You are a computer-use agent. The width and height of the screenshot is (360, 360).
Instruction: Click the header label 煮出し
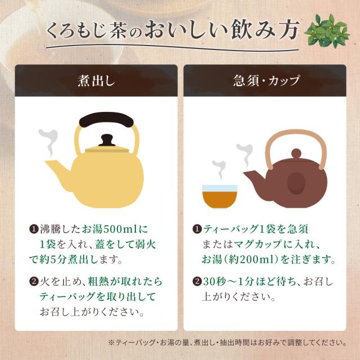pos(96,81)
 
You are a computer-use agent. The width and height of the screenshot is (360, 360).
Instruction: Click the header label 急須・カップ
pos(266,81)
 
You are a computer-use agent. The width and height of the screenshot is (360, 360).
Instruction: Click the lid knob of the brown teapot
pos(296,152)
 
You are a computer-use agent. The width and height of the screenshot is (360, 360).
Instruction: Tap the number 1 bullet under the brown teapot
pos(197,229)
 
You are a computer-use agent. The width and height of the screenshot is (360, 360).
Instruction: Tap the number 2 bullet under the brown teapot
pos(197,281)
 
